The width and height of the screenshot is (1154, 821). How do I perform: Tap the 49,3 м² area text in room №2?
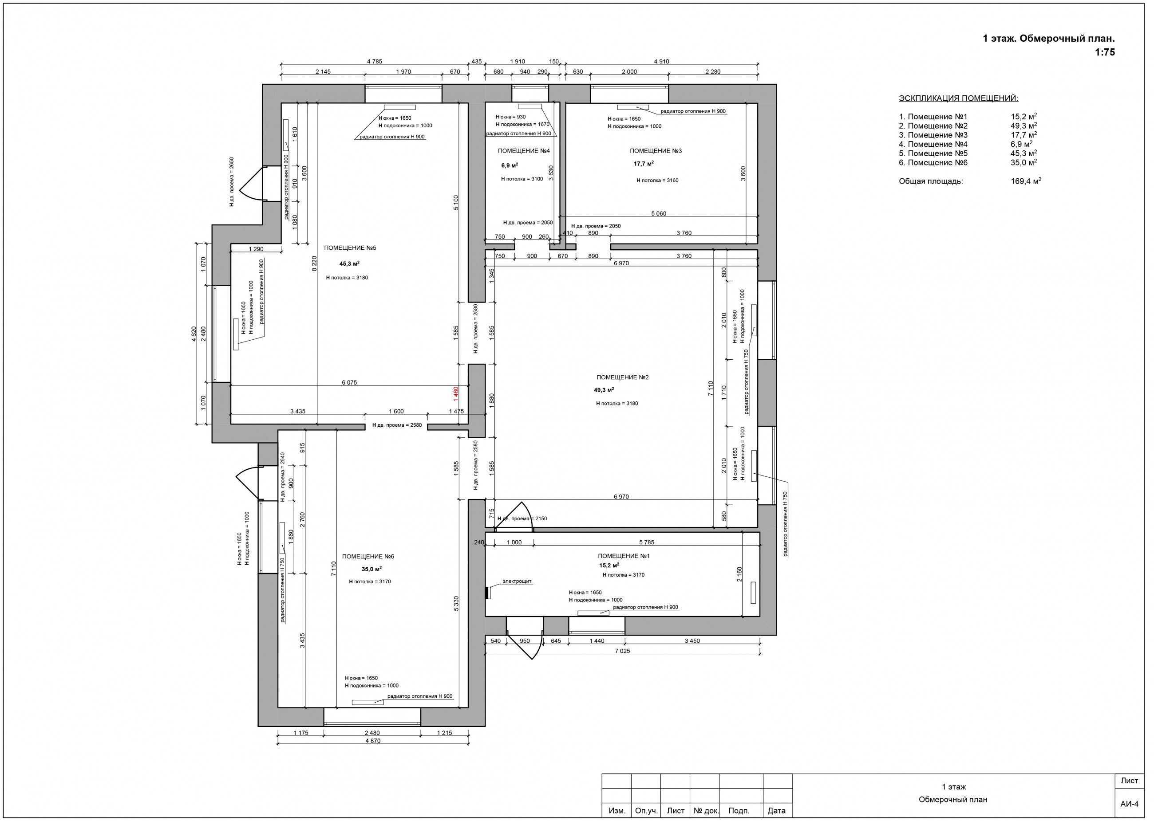(604, 390)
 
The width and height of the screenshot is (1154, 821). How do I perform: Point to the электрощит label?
(517, 581)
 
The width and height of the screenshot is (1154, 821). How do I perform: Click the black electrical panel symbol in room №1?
(487, 593)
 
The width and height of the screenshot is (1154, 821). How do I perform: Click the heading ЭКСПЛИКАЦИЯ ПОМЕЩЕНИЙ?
(959, 98)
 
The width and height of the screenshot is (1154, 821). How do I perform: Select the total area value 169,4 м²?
(1026, 181)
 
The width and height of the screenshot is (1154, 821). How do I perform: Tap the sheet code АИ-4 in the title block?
(1129, 804)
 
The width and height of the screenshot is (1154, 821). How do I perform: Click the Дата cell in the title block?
(777, 810)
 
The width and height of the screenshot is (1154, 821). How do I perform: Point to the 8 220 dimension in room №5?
(314, 263)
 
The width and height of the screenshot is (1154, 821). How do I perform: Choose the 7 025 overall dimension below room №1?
(622, 651)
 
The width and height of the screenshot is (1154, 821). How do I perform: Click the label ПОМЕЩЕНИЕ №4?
(524, 151)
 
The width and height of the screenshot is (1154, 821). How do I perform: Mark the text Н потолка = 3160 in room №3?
(657, 181)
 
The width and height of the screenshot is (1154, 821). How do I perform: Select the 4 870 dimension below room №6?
(373, 741)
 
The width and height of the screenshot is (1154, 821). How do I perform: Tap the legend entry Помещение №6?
(933, 163)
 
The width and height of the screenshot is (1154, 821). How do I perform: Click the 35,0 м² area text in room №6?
(372, 569)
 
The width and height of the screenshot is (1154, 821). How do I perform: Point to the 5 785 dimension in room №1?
(647, 542)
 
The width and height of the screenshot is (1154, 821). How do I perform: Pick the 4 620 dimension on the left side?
(194, 334)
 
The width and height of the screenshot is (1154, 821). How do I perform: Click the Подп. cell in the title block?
(739, 810)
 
